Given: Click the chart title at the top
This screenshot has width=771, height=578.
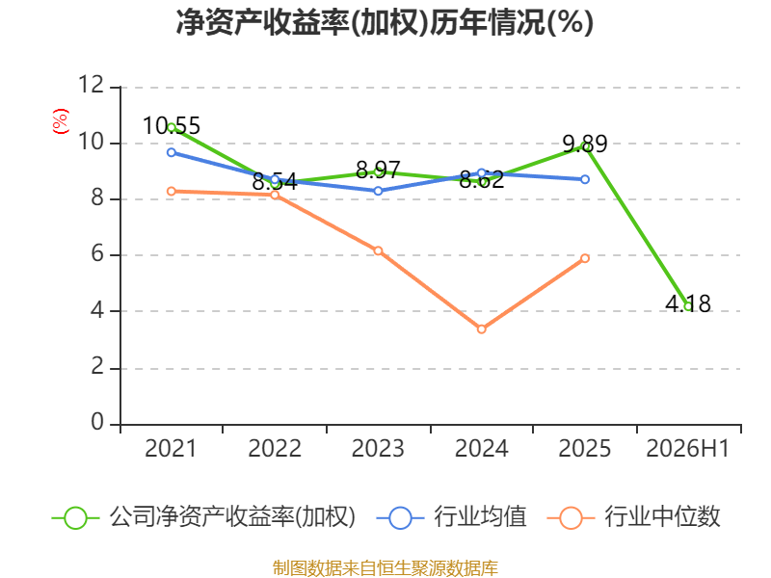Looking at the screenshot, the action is pyautogui.click(x=385, y=22).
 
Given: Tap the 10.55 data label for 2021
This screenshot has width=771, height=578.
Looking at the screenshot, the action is pyautogui.click(x=172, y=125).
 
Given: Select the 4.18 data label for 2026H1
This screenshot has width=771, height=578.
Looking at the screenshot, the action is pyautogui.click(x=688, y=303).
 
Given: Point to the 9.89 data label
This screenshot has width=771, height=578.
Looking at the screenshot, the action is pyautogui.click(x=585, y=144).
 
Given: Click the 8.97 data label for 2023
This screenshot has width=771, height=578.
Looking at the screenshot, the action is pyautogui.click(x=378, y=171).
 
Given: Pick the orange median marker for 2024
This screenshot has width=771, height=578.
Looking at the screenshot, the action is pyautogui.click(x=481, y=328).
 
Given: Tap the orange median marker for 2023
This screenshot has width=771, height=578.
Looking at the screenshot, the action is pyautogui.click(x=378, y=250).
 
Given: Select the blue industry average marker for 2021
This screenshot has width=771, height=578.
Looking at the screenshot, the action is pyautogui.click(x=172, y=152).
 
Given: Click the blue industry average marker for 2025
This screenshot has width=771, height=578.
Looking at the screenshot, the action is pyautogui.click(x=585, y=179).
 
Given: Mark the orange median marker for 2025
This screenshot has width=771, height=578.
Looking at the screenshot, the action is pyautogui.click(x=585, y=258).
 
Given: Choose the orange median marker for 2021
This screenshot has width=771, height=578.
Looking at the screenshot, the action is pyautogui.click(x=172, y=191).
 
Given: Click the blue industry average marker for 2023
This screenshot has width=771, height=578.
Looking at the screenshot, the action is pyautogui.click(x=378, y=191).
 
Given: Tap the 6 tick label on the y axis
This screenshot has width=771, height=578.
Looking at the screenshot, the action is pyautogui.click(x=98, y=253).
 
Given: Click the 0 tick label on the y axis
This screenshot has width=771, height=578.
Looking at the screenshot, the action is pyautogui.click(x=98, y=422).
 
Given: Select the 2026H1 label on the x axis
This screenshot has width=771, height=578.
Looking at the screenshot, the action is pyautogui.click(x=688, y=448).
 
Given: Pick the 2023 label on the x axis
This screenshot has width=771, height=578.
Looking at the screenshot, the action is pyautogui.click(x=378, y=448).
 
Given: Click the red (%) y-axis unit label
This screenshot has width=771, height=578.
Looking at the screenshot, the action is pyautogui.click(x=61, y=121).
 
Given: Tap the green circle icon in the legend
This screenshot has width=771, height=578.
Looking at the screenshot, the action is pyautogui.click(x=75, y=518).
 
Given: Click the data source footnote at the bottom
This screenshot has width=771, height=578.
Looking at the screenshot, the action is pyautogui.click(x=385, y=568).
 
